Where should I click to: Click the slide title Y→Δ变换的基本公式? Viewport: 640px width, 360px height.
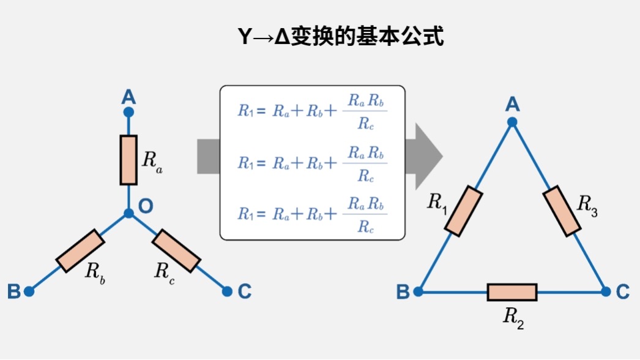pos(340,36)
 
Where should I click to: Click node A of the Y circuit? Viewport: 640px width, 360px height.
pos(128,112)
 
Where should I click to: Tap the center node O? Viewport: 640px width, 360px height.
pos(128,213)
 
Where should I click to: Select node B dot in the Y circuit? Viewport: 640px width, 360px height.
pos(29,291)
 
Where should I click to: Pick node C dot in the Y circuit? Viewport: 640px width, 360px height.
pos(227,291)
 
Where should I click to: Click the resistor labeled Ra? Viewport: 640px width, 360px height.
pos(128,160)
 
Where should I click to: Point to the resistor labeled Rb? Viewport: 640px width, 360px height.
pos(80,251)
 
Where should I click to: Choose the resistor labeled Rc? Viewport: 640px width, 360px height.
pos(176,251)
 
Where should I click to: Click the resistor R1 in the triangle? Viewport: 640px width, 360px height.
pos(464,211)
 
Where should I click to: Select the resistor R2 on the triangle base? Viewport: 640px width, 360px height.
pos(512,292)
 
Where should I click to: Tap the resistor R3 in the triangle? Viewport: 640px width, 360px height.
pos(561,211)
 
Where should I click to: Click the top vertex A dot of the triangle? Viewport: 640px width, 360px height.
pos(512,122)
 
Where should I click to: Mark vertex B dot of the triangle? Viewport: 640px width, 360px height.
pos(419,292)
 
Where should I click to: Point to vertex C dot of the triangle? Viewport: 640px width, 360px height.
pos(606,292)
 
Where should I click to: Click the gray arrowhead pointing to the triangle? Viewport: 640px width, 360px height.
pos(428,156)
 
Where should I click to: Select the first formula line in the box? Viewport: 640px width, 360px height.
pos(312,111)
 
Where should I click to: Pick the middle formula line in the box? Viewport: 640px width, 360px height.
pos(312,163)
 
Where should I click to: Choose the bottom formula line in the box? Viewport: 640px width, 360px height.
pos(312,214)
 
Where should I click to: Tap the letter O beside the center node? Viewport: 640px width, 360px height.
pos(146,206)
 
